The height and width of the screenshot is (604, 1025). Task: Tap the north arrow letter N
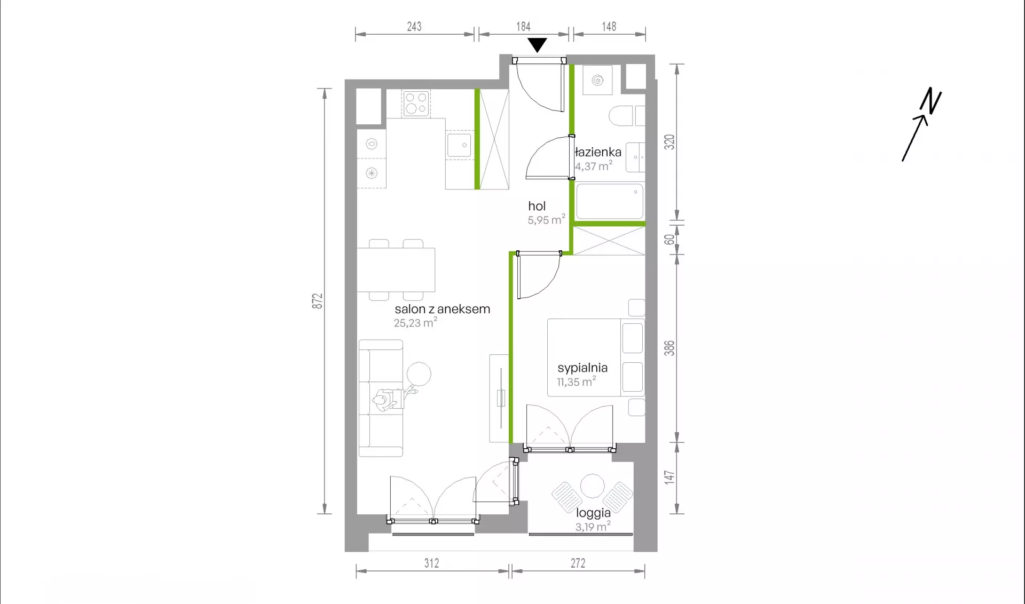931,101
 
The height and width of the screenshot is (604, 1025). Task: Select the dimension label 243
414,26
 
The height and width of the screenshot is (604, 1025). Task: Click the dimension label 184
523,26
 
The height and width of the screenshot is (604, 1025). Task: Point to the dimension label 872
318,301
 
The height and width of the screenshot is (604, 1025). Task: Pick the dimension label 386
669,348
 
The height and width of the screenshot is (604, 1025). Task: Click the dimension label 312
431,563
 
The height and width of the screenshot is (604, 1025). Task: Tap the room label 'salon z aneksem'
442,309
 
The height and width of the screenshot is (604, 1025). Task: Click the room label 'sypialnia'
582,368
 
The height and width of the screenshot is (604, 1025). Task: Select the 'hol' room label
537,206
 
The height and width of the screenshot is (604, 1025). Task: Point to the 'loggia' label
593,513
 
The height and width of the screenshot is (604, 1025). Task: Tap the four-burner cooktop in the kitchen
416,104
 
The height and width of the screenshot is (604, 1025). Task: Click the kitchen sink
459,145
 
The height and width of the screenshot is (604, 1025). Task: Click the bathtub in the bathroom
610,202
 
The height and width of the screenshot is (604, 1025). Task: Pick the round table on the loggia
592,486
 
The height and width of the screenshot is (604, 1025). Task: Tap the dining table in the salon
396,270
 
